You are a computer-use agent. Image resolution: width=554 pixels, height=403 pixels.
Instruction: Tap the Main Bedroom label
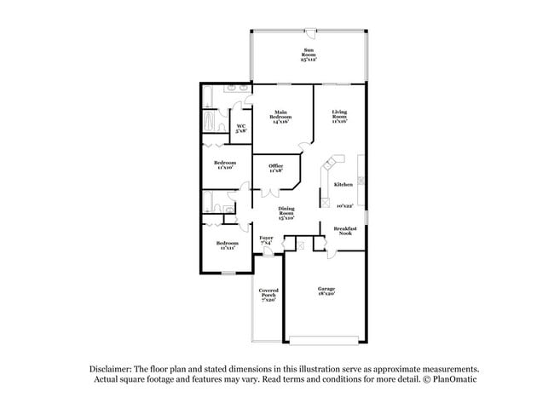pos(281,118)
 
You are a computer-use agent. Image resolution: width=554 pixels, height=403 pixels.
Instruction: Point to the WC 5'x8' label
pos(241,129)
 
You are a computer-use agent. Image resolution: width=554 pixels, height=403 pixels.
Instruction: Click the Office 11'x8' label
pos(275,169)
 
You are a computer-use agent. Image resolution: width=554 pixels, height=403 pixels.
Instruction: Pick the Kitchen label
pos(343,184)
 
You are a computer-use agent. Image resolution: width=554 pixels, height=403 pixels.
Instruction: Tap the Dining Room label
pos(286,214)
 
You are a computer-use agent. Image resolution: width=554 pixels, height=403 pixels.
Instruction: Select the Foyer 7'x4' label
pos(267,240)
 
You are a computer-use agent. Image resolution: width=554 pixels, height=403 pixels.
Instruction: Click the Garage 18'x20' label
pos(327,291)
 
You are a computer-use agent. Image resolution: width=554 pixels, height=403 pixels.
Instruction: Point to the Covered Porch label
pos(268,295)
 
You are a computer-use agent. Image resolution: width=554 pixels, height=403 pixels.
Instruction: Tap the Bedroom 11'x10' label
pos(225,164)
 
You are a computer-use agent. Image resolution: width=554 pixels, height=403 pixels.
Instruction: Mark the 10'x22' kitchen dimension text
pos(343,205)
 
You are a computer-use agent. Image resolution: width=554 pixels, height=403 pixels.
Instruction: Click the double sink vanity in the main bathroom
pos(238,89)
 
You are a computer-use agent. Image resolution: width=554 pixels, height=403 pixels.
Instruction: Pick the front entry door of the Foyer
pos(268,252)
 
